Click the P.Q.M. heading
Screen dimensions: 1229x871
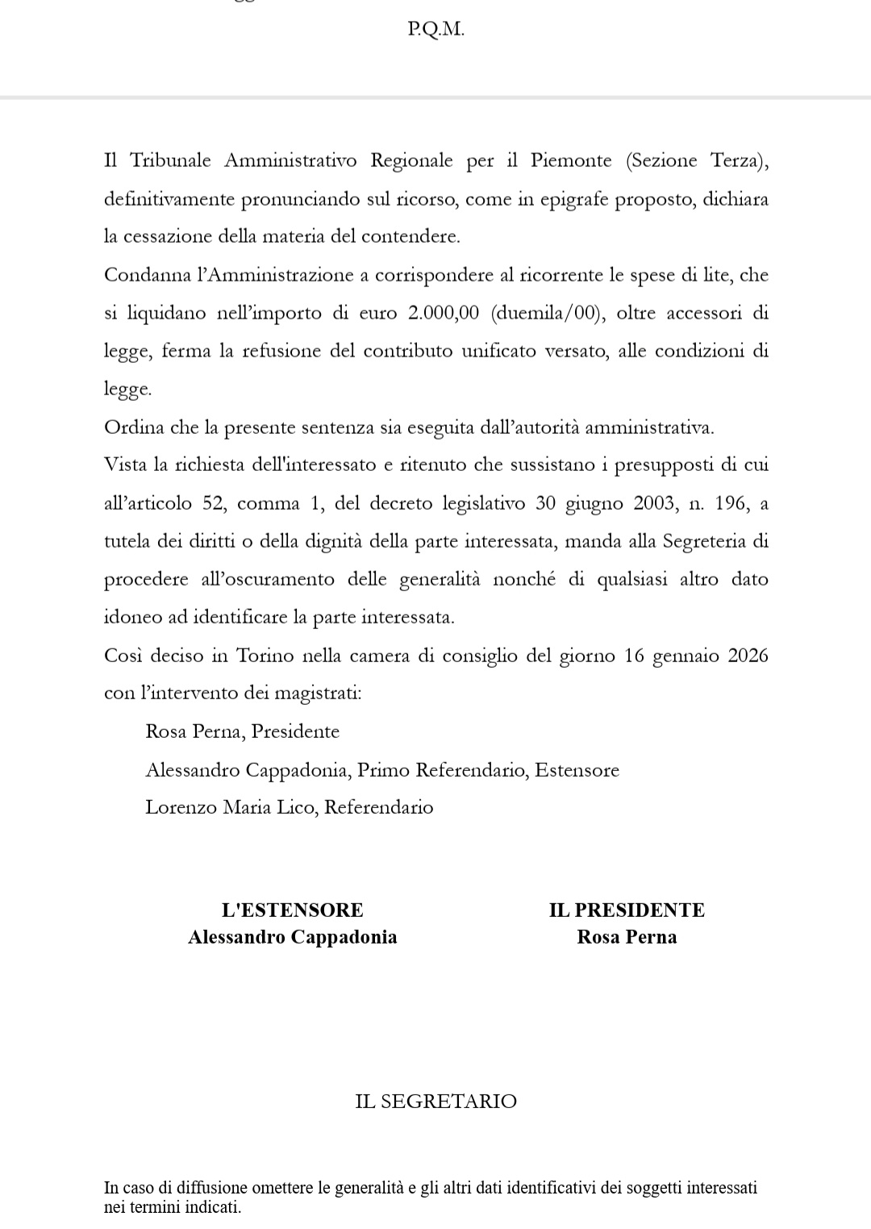(435, 30)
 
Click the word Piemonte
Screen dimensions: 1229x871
(571, 160)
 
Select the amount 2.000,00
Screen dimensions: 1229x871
(444, 313)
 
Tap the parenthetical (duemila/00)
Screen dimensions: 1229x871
(547, 313)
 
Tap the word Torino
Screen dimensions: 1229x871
(265, 656)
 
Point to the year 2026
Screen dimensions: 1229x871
(748, 656)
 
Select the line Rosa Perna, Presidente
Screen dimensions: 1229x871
(242, 731)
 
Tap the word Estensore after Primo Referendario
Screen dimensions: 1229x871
(577, 770)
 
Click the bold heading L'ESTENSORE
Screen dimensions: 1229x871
(292, 910)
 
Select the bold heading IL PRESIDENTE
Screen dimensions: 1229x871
(627, 910)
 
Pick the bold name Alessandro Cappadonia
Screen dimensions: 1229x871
(292, 937)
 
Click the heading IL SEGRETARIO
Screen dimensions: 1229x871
(435, 1102)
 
